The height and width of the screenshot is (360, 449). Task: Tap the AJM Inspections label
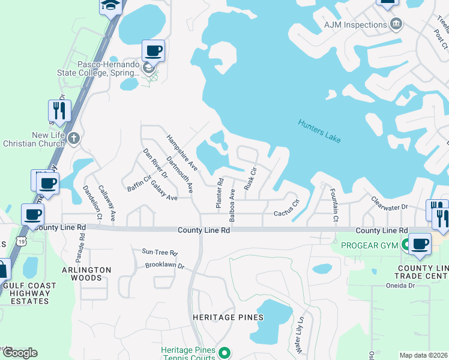click(356, 25)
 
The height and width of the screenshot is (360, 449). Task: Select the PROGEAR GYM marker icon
click(406, 244)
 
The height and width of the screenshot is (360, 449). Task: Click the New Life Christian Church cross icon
click(73, 139)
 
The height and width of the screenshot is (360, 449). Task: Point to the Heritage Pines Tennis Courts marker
click(224, 352)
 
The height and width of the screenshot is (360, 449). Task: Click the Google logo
click(20, 352)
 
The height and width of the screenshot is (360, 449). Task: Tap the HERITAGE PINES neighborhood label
click(228, 317)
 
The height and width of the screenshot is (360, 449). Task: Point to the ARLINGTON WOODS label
click(87, 274)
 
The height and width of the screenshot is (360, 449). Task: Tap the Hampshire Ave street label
click(182, 152)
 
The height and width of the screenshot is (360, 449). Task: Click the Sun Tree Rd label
click(160, 253)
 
